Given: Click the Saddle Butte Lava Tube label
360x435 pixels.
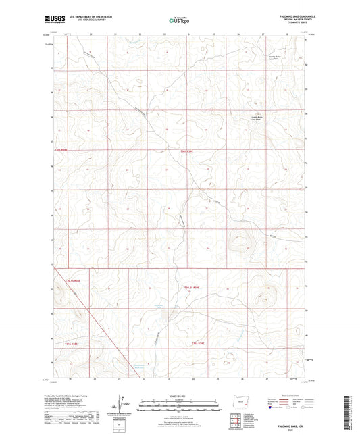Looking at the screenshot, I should click(x=274, y=58).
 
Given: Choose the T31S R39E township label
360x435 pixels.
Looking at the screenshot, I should click(x=197, y=344).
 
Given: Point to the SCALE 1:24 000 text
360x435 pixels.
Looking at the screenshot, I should click(x=179, y=395).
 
